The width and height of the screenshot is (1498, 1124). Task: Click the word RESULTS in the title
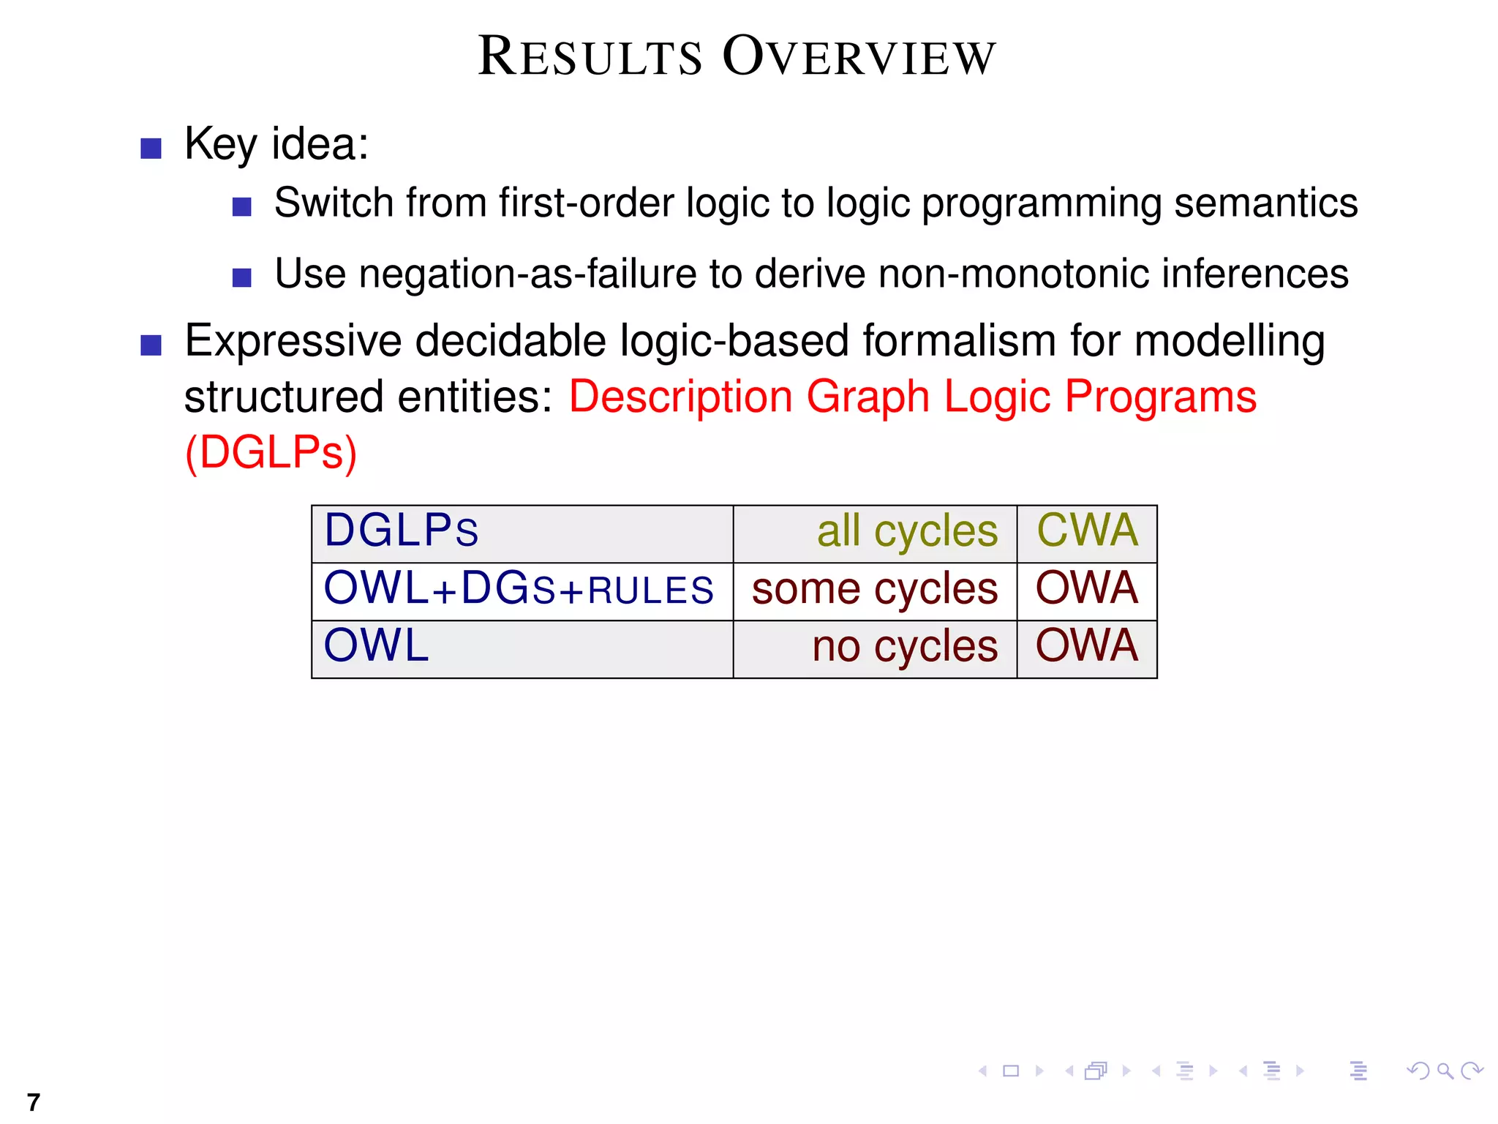point(590,57)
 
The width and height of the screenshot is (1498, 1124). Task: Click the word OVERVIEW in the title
point(859,57)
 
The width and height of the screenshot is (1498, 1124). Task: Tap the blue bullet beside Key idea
point(151,149)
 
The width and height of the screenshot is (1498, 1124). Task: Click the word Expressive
point(293,342)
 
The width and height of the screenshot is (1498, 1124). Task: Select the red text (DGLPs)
point(271,452)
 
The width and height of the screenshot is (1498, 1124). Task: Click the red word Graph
point(867,397)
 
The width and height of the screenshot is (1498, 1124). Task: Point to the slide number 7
point(33,1102)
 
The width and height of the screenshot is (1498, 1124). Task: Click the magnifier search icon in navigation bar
point(1445,1071)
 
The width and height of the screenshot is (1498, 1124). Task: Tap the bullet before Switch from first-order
point(241,207)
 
